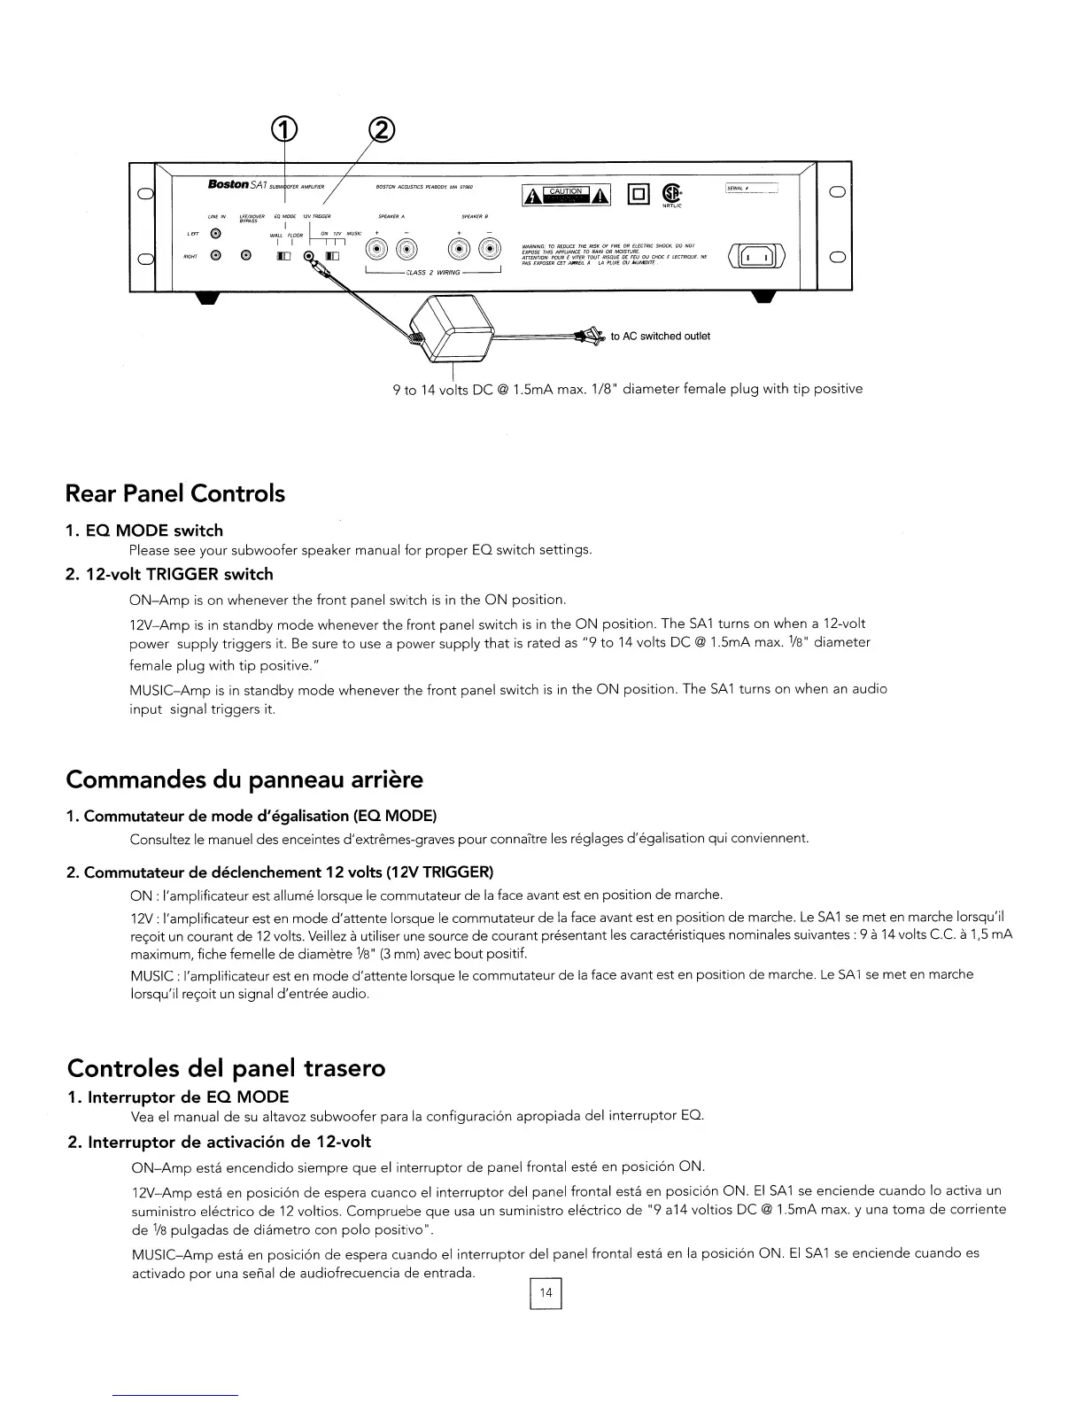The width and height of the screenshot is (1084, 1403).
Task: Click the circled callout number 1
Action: [283, 132]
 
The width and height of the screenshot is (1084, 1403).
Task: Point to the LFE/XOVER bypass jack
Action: [247, 257]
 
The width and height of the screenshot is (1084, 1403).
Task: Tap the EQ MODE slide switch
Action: [283, 257]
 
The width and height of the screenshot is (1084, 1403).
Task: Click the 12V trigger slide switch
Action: [332, 257]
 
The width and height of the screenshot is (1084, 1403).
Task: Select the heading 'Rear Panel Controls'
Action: [175, 493]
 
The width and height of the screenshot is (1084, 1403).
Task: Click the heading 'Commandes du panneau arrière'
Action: [244, 779]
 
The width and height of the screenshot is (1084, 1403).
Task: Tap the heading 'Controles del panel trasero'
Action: [226, 1067]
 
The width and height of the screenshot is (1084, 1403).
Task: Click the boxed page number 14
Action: [546, 1293]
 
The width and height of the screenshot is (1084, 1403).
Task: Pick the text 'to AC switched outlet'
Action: [661, 336]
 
